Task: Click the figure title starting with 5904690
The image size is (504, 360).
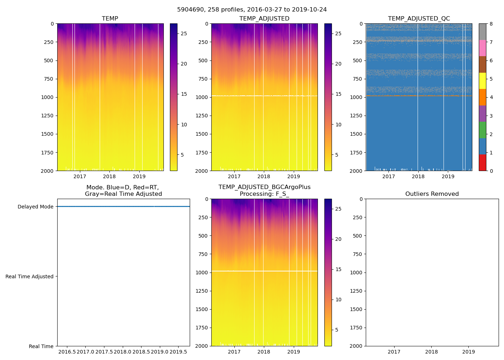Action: pos(252,10)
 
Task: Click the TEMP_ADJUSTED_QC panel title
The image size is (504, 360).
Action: pos(419,19)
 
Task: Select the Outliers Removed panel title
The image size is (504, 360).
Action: pos(432,194)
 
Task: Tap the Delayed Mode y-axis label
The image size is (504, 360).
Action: pos(35,207)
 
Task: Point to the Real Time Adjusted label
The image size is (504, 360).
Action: pos(29,276)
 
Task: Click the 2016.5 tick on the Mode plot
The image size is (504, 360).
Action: pos(67,352)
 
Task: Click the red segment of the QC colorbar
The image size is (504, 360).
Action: pos(482,163)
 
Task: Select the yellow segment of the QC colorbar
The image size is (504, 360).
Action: pos(482,81)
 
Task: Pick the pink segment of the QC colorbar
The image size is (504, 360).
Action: pos(482,48)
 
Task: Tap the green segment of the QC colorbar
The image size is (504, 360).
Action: pos(482,130)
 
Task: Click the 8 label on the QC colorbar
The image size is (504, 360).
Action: pos(491,24)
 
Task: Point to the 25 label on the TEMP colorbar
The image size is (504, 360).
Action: pos(184,33)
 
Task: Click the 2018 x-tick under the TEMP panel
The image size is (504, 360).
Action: pos(109,176)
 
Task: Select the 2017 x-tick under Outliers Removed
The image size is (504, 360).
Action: pos(394,352)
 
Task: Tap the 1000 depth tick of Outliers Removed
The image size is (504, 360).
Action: pos(356,273)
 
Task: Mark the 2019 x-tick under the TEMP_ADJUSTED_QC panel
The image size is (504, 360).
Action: pos(448,176)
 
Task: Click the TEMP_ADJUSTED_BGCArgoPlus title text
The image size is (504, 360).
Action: pos(264,187)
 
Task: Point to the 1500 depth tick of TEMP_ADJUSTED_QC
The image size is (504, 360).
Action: pos(356,134)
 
